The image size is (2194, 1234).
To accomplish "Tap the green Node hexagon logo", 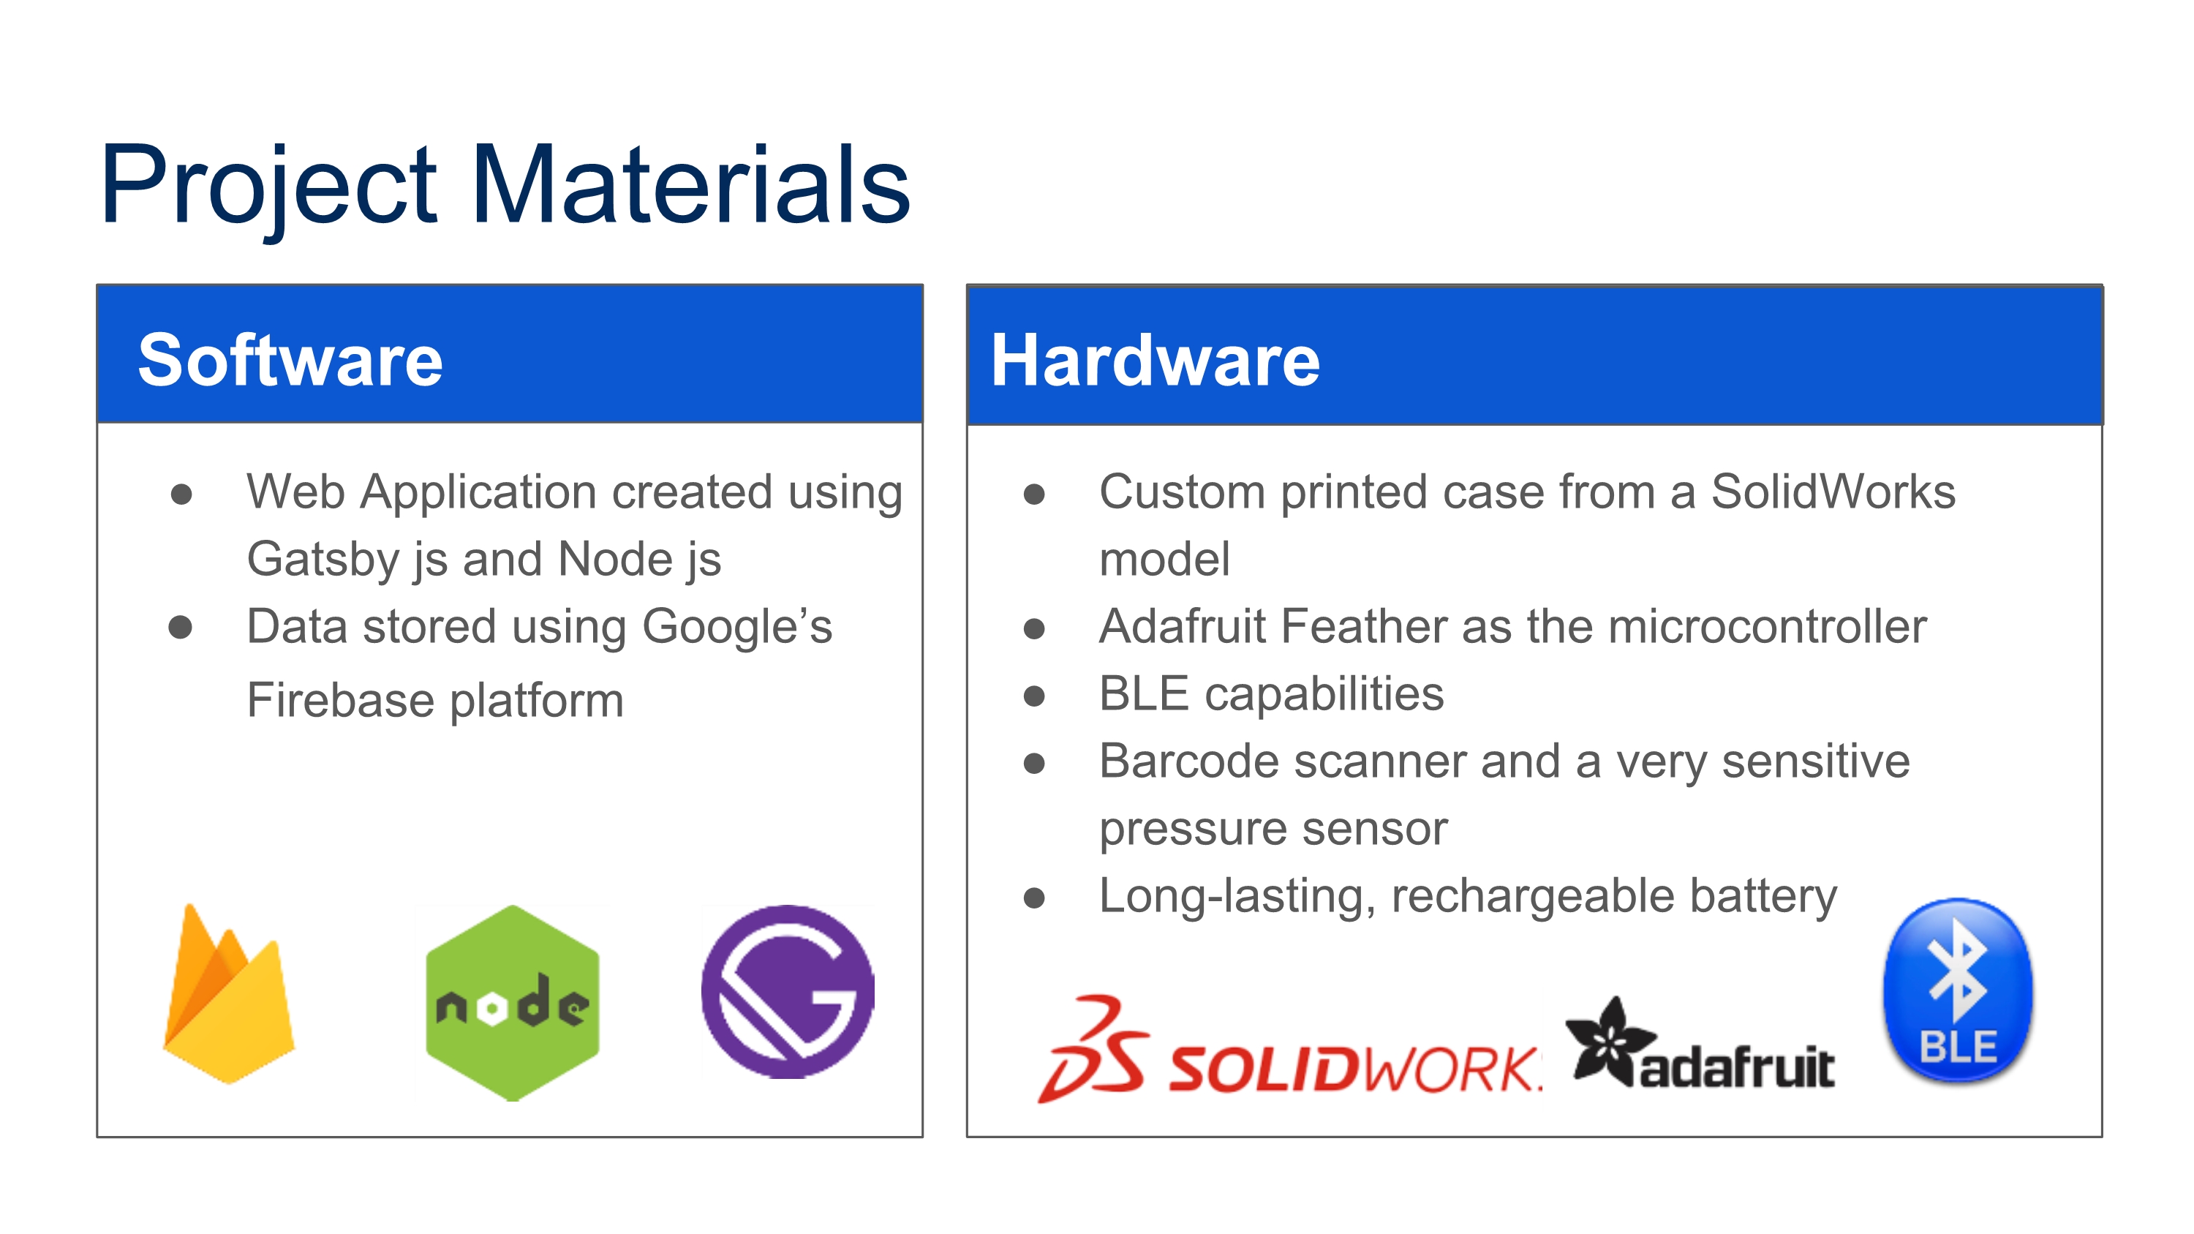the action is pos(513,1003).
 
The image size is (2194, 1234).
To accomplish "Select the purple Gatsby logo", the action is pos(788,991).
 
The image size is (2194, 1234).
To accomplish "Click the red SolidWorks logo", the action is pos(1289,1050).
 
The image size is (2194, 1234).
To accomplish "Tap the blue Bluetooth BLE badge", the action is pos(1957,990).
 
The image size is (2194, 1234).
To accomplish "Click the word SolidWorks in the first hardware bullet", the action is pos(1833,492).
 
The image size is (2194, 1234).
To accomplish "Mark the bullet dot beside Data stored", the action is pos(181,628).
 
